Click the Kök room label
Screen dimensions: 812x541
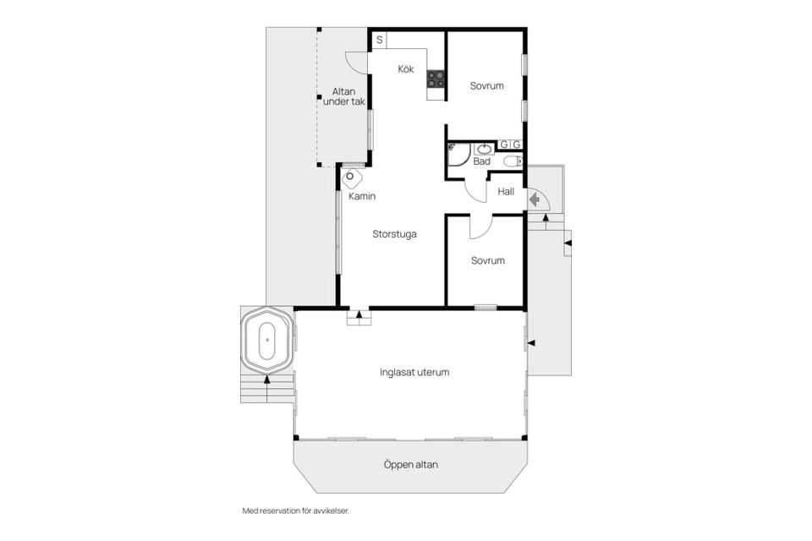tap(405, 68)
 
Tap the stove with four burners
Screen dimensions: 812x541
tap(436, 79)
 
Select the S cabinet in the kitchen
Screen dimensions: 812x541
tap(379, 40)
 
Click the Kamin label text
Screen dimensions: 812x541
tap(362, 196)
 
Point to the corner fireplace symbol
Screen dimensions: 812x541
tap(352, 178)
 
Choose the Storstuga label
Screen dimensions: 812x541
tap(394, 234)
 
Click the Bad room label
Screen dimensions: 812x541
tap(481, 161)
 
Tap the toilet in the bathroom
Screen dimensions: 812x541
tap(513, 161)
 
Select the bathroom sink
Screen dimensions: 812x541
tap(484, 149)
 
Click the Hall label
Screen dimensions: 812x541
tap(506, 192)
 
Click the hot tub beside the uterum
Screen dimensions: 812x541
tap(267, 340)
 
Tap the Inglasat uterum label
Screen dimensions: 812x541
tap(414, 372)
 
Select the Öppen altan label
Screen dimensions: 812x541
tap(411, 465)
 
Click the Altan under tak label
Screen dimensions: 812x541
tap(344, 97)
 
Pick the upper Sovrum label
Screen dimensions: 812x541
tap(487, 86)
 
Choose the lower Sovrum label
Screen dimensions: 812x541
tap(488, 260)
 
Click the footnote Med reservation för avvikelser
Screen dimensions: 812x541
tap(296, 511)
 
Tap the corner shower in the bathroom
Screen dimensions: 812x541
tap(458, 154)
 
